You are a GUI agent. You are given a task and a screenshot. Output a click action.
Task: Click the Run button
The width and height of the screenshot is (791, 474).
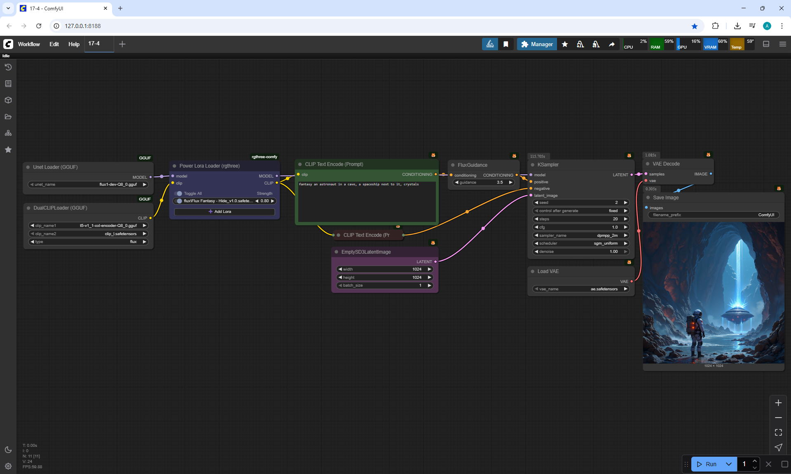[707, 464]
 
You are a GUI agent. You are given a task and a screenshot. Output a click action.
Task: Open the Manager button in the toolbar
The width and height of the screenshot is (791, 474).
[537, 44]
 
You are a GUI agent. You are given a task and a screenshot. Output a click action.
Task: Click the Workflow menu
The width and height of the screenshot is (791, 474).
[29, 44]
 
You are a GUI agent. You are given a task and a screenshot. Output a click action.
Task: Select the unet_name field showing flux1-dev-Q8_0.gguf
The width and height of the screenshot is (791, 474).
[88, 184]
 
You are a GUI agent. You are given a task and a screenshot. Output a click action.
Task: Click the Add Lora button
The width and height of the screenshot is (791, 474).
[224, 212]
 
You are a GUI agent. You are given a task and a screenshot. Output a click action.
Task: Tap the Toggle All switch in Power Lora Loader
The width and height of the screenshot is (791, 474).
[178, 194]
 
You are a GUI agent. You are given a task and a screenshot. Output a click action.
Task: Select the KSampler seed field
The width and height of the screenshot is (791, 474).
[580, 203]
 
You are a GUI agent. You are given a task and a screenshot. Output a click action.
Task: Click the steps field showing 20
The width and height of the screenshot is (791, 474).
[580, 219]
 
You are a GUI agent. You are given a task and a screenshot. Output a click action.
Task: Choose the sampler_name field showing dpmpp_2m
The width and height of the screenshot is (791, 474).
[580, 236]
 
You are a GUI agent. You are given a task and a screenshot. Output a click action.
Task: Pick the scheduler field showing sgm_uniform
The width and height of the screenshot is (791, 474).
[580, 243]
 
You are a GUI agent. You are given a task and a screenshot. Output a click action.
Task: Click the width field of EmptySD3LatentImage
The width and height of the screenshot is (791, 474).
[384, 269]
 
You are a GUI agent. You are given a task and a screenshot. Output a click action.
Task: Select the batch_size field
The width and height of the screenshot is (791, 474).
[384, 285]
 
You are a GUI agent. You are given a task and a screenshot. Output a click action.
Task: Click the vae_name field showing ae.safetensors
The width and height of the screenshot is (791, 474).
[580, 289]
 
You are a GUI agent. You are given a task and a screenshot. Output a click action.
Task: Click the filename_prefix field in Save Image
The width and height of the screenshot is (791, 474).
[713, 215]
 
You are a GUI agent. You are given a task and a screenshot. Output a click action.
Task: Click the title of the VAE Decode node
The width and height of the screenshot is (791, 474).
[666, 164]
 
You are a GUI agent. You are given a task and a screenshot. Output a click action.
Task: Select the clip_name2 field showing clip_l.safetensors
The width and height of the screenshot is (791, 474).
[88, 234]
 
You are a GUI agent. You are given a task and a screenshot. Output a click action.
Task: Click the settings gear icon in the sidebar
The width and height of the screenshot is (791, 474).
[8, 466]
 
